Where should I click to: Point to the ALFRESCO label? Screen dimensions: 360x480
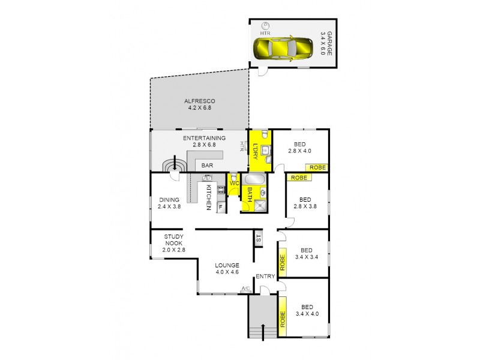tap(200, 104)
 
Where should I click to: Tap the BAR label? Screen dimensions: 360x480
tap(208, 164)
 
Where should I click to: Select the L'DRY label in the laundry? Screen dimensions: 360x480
tap(255, 151)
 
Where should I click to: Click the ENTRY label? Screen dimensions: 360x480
tap(265, 277)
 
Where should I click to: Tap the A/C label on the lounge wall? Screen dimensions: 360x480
tap(245, 289)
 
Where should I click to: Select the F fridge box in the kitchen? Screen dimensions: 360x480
tap(220, 208)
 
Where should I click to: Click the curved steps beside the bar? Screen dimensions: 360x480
tap(175, 165)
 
